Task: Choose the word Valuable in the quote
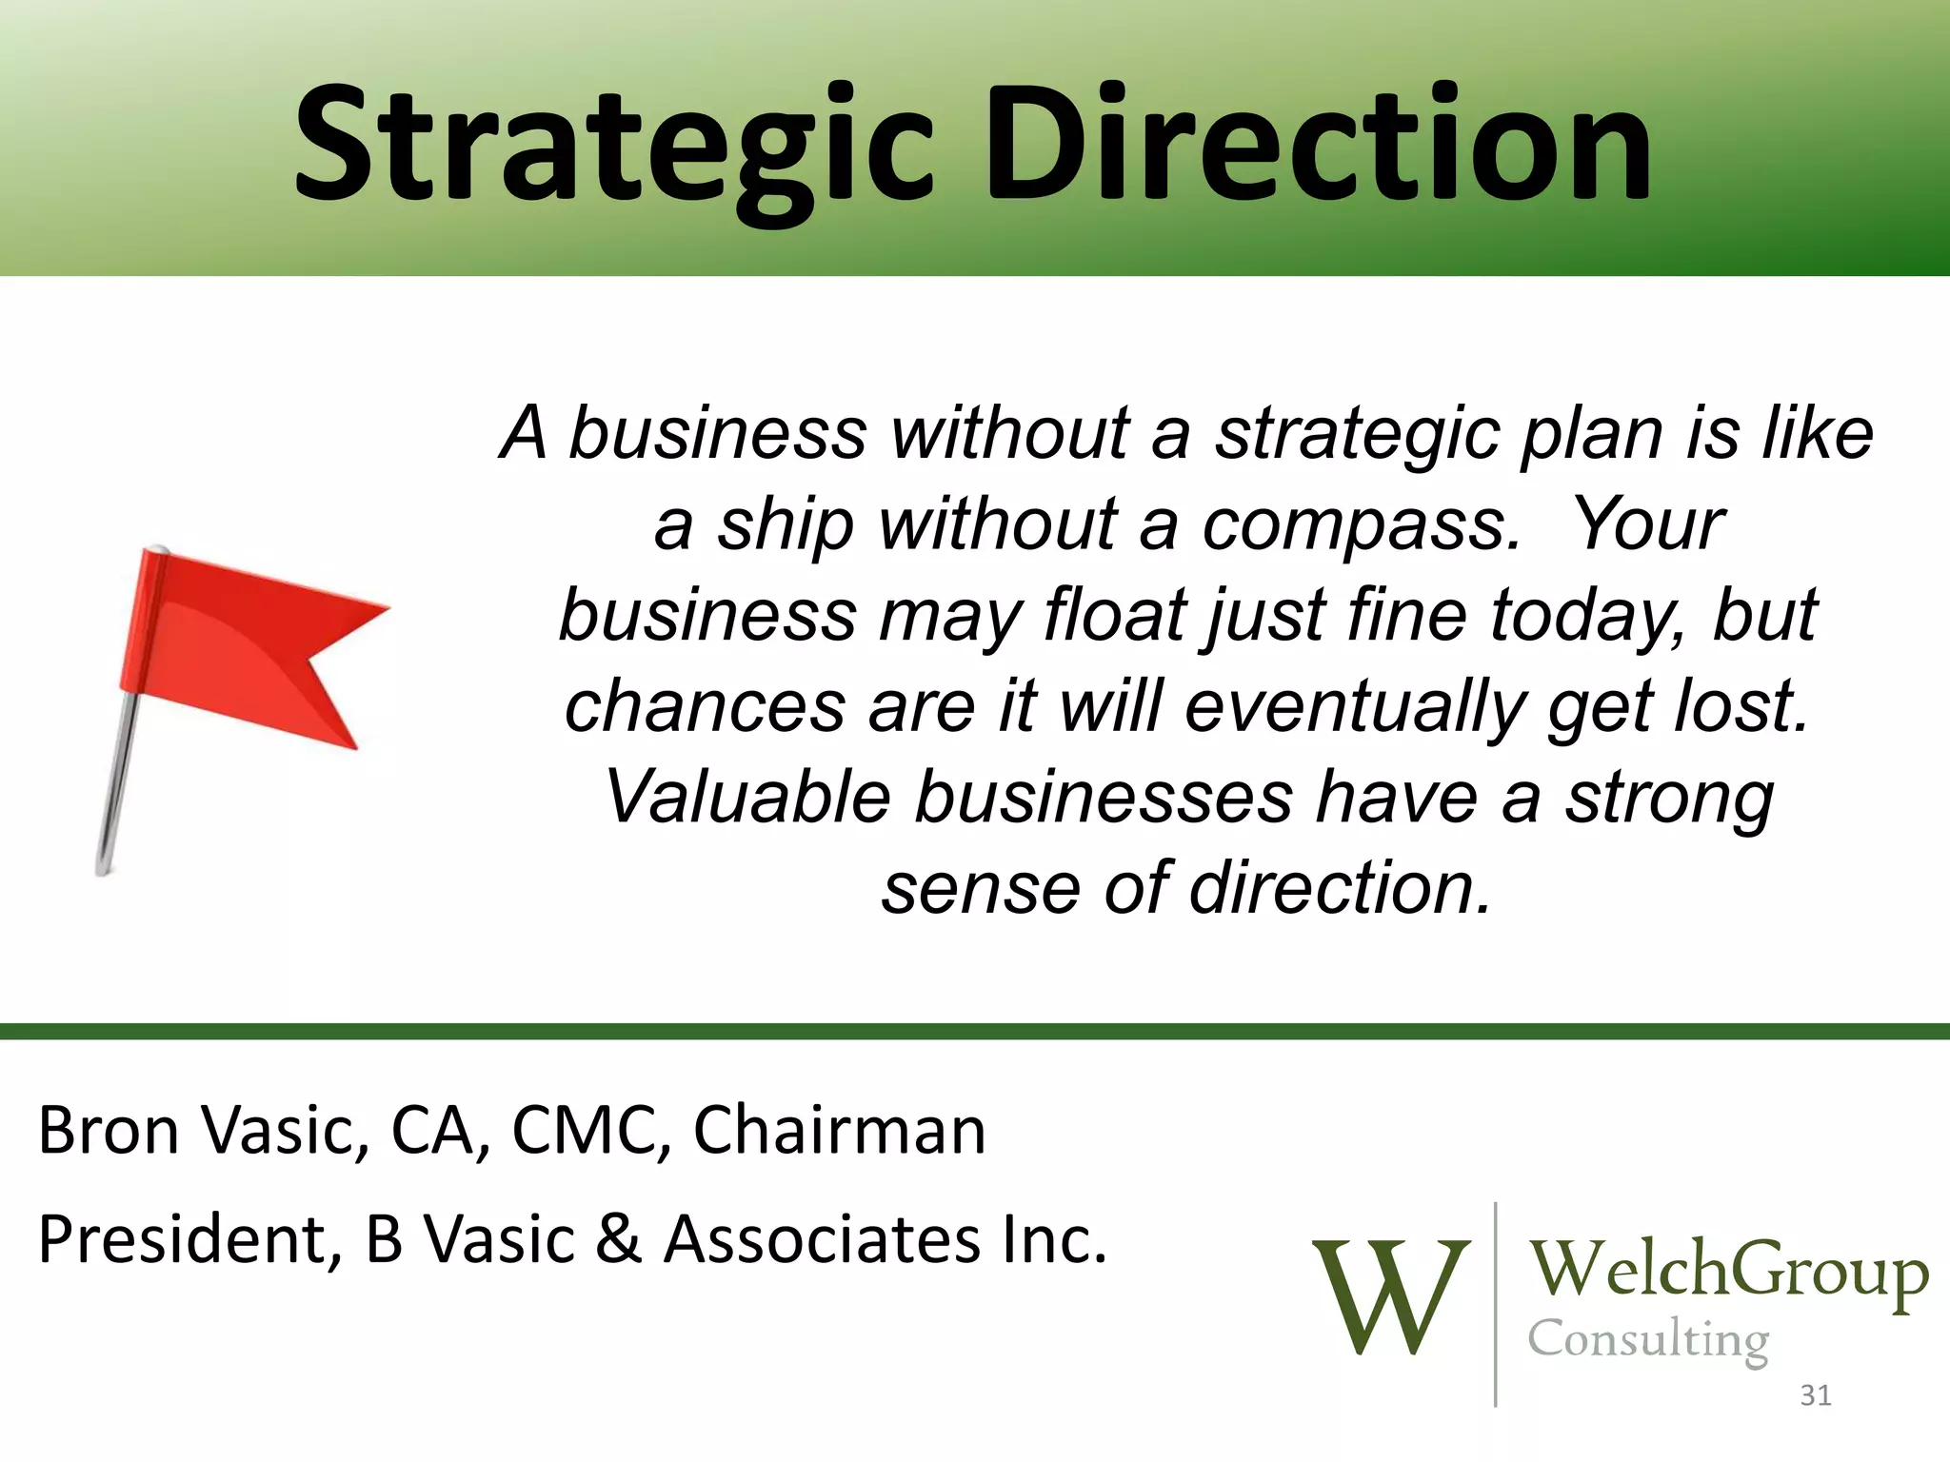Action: click(747, 798)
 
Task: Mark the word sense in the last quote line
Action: click(980, 889)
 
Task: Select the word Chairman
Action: click(839, 1131)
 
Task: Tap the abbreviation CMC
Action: click(590, 1131)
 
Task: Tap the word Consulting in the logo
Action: click(1648, 1340)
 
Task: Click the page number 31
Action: click(1816, 1395)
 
